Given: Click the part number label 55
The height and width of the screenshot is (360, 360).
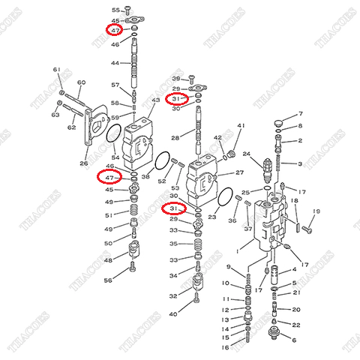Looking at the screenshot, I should click(x=115, y=9).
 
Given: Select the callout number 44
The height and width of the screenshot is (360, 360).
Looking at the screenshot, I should click(x=115, y=63).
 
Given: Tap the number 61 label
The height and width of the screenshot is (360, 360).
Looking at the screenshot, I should click(x=55, y=70).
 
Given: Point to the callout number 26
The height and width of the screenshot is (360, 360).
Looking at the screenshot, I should click(x=83, y=163).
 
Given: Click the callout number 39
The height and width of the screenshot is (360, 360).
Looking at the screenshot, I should click(x=176, y=78).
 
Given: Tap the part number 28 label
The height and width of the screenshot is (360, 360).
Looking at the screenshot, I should click(x=174, y=138).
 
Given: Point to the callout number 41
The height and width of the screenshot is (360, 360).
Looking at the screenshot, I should click(x=241, y=125).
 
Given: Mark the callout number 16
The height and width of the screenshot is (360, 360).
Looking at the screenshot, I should click(x=225, y=346).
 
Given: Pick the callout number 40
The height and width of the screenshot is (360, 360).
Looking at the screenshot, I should click(x=173, y=313).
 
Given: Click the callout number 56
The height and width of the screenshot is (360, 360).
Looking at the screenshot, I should click(x=108, y=280).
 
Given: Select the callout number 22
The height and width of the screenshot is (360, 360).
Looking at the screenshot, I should click(x=296, y=324).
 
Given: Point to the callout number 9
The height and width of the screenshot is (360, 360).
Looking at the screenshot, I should click(x=228, y=268).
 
